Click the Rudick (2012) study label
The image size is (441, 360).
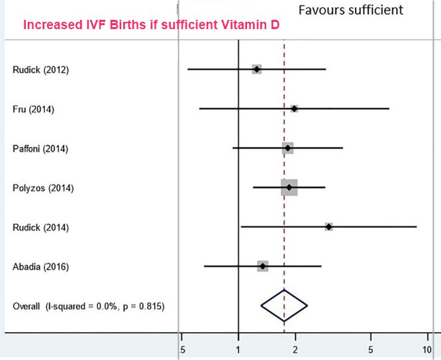(41, 69)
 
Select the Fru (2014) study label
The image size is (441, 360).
(34, 109)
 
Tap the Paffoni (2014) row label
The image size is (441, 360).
(41, 149)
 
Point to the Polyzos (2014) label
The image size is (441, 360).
(43, 188)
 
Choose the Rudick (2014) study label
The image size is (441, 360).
(41, 228)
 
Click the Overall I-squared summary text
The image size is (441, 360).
(89, 306)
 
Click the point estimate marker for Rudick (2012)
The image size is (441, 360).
(257, 69)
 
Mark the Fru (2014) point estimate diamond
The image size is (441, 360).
(294, 109)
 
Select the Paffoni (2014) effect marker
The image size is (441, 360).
(287, 148)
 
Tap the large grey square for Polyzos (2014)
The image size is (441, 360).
(289, 187)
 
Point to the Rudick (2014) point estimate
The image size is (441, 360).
(328, 226)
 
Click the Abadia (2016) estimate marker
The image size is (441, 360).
(263, 266)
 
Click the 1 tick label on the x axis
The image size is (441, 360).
(238, 348)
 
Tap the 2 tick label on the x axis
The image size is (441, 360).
(295, 348)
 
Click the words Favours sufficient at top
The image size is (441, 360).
(350, 11)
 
